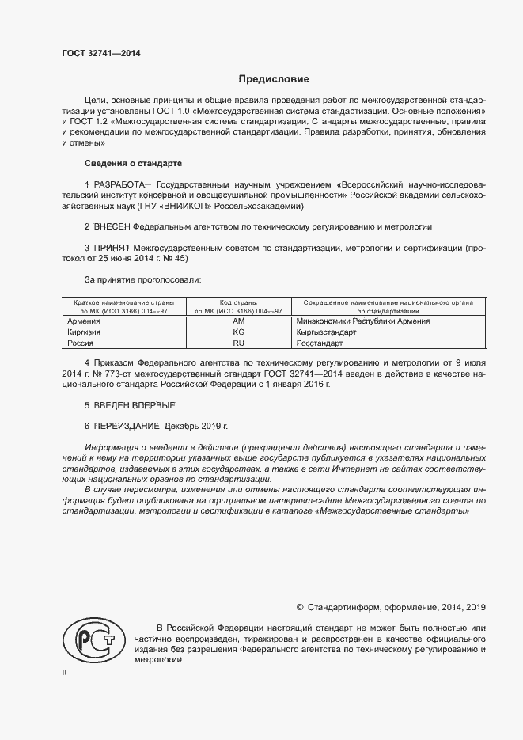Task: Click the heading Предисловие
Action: point(275,79)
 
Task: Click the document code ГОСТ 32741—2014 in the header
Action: point(101,54)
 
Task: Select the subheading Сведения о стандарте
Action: point(133,163)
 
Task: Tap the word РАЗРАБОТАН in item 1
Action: point(123,184)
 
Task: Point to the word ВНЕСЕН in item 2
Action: point(113,226)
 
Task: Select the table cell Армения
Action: point(84,322)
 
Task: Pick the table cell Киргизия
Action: point(85,333)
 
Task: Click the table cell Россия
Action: point(81,344)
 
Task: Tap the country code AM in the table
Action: point(239,322)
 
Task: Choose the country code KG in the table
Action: point(239,333)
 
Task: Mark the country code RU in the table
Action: point(239,344)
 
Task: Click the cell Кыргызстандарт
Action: point(326,333)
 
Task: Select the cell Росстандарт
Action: point(320,344)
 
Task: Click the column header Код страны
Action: point(239,302)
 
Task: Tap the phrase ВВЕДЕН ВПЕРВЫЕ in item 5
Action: point(124,406)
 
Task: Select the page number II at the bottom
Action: point(65,672)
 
